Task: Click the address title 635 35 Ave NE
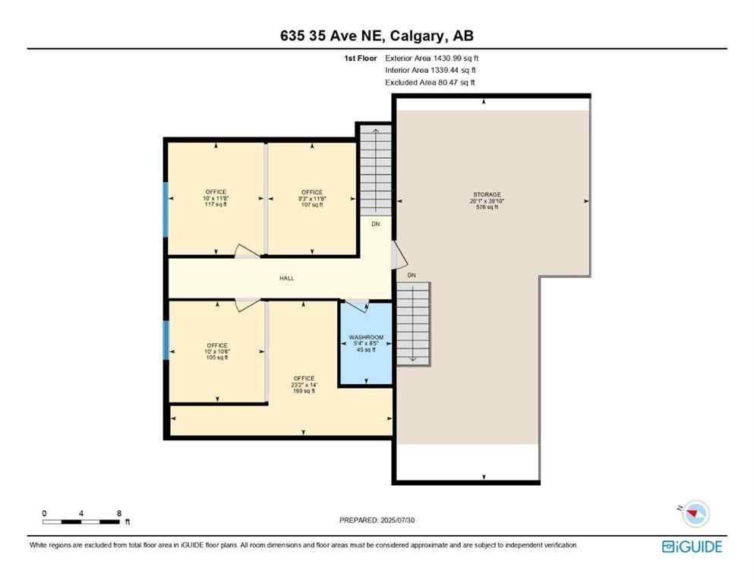pos(377,36)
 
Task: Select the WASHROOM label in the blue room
pos(366,337)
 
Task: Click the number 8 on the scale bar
pos(118,513)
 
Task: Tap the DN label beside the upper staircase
pos(375,225)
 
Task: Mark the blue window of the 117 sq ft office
pos(166,209)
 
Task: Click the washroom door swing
pos(357,306)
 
